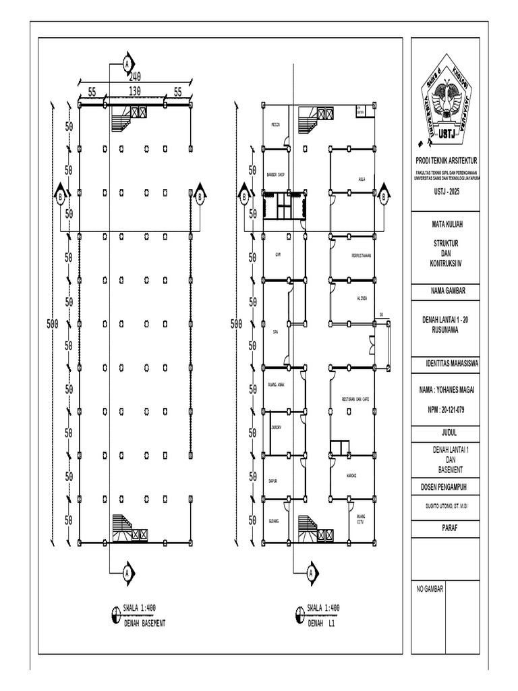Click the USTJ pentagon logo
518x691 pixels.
(445, 105)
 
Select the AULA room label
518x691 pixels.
(362, 179)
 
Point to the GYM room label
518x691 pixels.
(277, 254)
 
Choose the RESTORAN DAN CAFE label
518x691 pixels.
(355, 399)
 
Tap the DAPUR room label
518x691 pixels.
(274, 481)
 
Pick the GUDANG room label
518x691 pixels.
(274, 521)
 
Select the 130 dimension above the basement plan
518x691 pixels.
(134, 90)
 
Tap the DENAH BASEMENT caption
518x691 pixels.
(144, 624)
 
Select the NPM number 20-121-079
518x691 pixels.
(445, 410)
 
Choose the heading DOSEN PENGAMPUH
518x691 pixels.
(445, 486)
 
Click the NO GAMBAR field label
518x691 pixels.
(430, 589)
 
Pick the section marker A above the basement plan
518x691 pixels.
(126, 64)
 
